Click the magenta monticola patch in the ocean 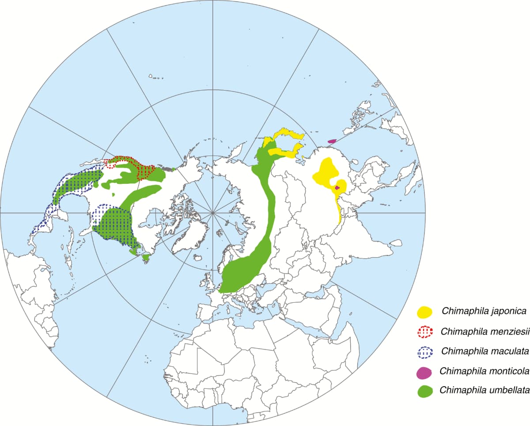(x=332, y=141)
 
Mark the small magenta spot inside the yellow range (x=337, y=188)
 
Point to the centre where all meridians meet (x=213, y=213)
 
